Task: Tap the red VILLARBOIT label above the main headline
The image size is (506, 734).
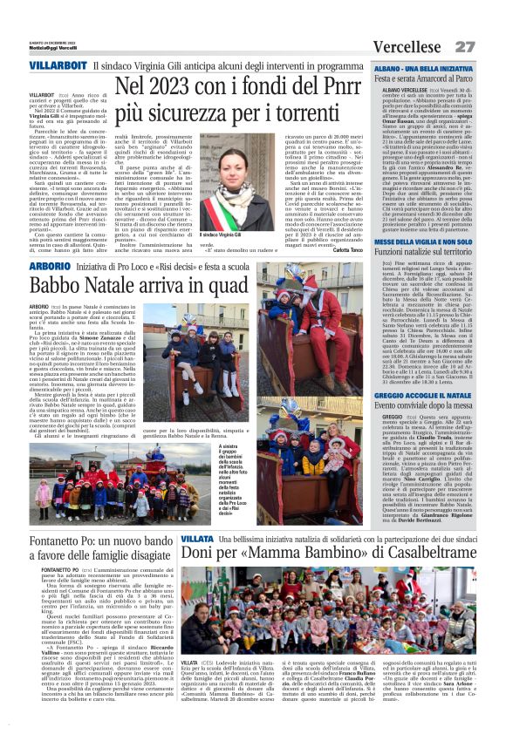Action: (x=57, y=66)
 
